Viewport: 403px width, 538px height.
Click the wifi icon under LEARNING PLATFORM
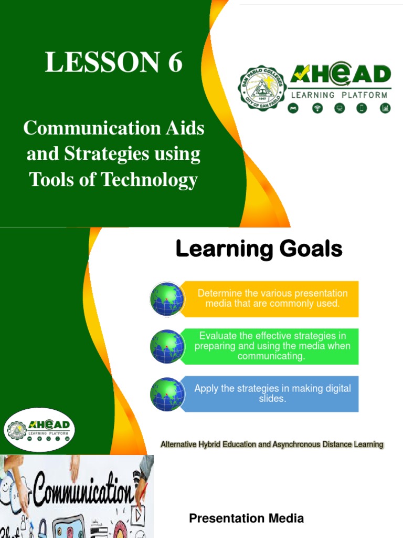(317, 108)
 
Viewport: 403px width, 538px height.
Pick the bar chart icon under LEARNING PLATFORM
(385, 108)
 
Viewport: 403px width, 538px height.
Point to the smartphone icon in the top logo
(362, 108)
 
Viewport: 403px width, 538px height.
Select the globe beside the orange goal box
(167, 299)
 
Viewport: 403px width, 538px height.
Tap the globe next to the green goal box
(167, 346)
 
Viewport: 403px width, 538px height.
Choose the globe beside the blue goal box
(167, 394)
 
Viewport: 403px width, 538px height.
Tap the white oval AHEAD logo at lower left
(40, 430)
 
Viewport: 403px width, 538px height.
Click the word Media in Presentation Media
(283, 519)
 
